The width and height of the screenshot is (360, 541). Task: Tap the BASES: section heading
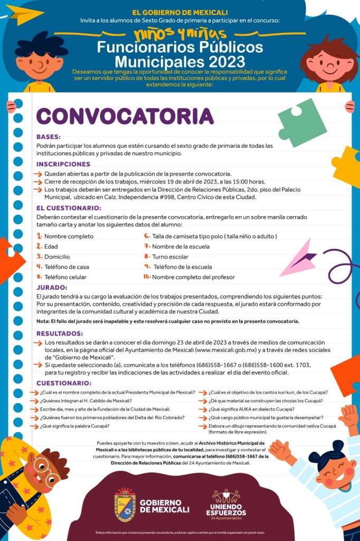(49, 136)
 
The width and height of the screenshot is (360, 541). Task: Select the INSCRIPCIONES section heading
(63, 164)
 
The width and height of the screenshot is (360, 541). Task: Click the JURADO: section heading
(52, 287)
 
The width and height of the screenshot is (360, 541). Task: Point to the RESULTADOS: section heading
(60, 333)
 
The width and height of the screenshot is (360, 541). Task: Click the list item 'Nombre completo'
(69, 236)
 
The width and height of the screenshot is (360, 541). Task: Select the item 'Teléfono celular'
(65, 277)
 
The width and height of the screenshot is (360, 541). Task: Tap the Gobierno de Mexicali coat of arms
(125, 505)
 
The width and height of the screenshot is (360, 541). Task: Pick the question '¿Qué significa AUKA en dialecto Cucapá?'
(251, 409)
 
